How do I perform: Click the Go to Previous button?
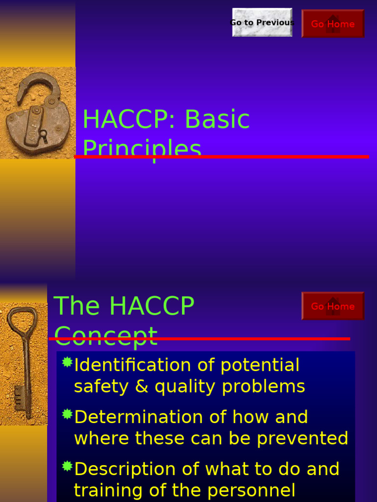pyautogui.click(x=262, y=23)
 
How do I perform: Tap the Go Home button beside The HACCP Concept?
pyautogui.click(x=333, y=306)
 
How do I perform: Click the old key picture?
pyautogui.click(x=23, y=363)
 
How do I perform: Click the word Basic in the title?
pyautogui.click(x=217, y=120)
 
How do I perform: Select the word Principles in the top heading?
pyautogui.click(x=142, y=148)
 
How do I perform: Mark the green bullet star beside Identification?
pyautogui.click(x=67, y=362)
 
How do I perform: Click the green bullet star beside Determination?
pyautogui.click(x=67, y=414)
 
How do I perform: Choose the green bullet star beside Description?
pyautogui.click(x=67, y=466)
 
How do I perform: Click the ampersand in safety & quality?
pyautogui.click(x=142, y=387)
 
